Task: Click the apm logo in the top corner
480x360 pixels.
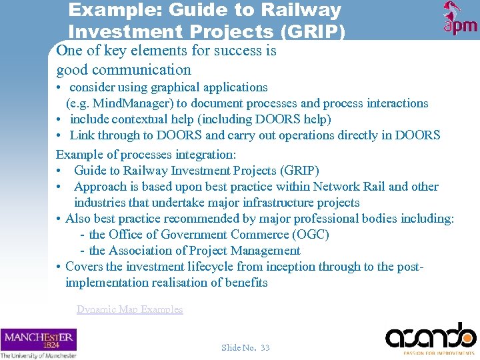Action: pos(460,19)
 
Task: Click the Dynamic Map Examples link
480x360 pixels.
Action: pos(129,309)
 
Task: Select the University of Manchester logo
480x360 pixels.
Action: pos(39,343)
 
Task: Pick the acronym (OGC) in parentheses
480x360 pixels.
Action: pos(311,235)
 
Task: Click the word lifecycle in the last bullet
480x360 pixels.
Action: pos(216,267)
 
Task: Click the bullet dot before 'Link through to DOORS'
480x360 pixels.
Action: pos(60,136)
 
